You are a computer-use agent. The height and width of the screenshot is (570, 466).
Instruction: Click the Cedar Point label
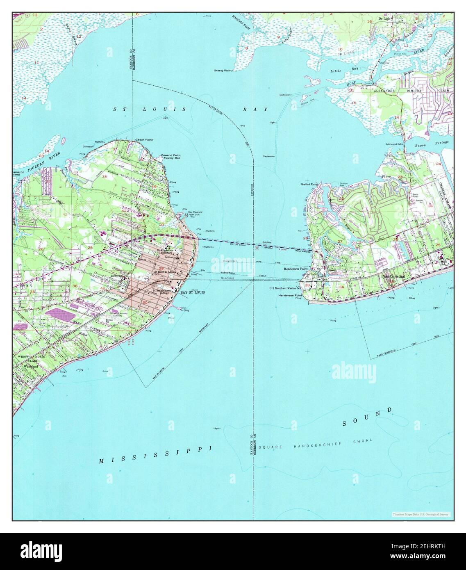pos(144,140)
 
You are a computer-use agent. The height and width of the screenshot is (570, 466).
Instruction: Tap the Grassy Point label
pos(223,71)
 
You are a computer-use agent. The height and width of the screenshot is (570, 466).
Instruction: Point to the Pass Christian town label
pos(393,276)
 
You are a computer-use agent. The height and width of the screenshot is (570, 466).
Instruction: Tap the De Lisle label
pos(384,19)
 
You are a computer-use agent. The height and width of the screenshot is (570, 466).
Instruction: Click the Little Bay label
pos(343,71)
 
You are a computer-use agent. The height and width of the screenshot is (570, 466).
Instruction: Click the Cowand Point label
pos(170,155)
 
